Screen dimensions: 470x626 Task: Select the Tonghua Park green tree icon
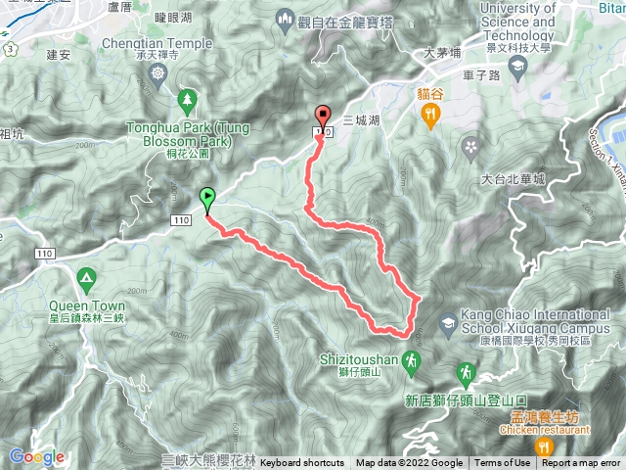185,99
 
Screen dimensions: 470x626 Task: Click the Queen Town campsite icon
87,281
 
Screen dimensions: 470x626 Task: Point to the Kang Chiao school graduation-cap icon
447,322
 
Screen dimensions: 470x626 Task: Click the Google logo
36,456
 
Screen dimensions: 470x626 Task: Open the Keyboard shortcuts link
302,463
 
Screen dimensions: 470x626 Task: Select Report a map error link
583,463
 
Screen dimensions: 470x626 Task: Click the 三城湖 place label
363,119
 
